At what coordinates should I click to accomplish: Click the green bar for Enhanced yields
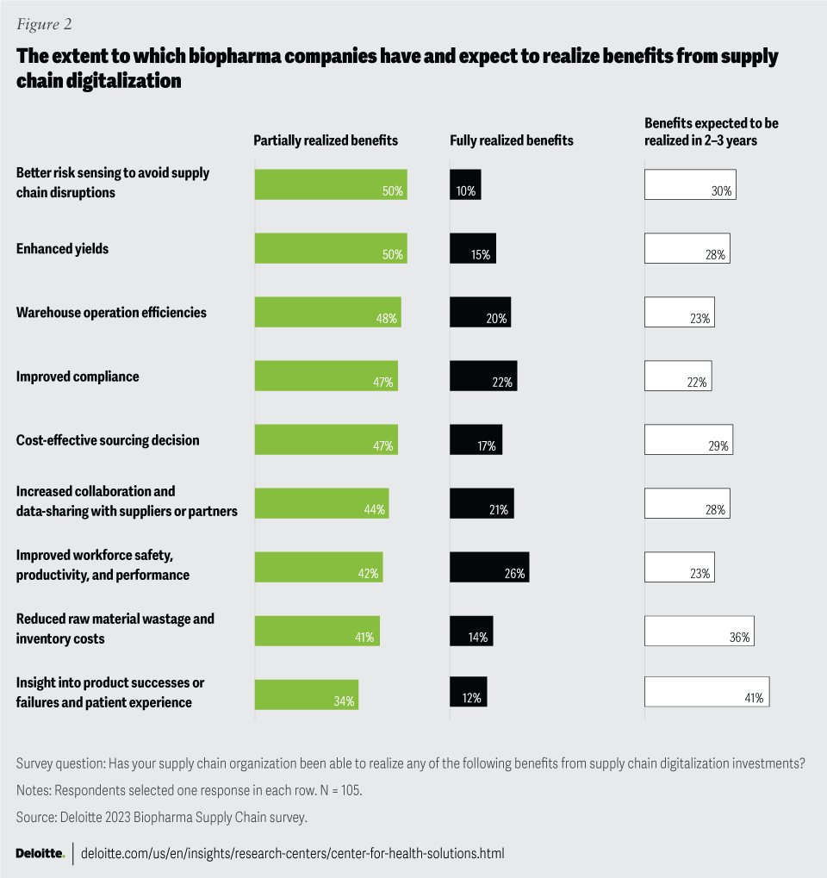pos(330,248)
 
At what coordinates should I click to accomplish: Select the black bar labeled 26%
pos(488,567)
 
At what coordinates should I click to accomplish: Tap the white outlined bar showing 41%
pos(706,691)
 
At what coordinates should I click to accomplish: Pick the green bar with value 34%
pos(306,694)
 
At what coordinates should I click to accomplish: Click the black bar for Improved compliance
pos(482,376)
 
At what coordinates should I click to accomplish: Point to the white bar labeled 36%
pos(699,631)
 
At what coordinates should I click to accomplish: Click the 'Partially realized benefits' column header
pos(326,140)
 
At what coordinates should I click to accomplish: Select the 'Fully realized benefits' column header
pos(512,140)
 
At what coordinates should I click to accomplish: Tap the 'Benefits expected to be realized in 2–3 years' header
pos(712,132)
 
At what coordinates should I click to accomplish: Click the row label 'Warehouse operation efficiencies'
pos(111,313)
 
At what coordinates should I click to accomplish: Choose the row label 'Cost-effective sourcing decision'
pos(108,440)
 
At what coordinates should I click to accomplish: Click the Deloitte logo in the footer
pos(40,853)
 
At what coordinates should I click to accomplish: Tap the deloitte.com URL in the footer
pos(292,853)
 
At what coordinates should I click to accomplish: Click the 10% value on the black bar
pos(466,191)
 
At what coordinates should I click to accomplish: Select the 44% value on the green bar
pos(374,510)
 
